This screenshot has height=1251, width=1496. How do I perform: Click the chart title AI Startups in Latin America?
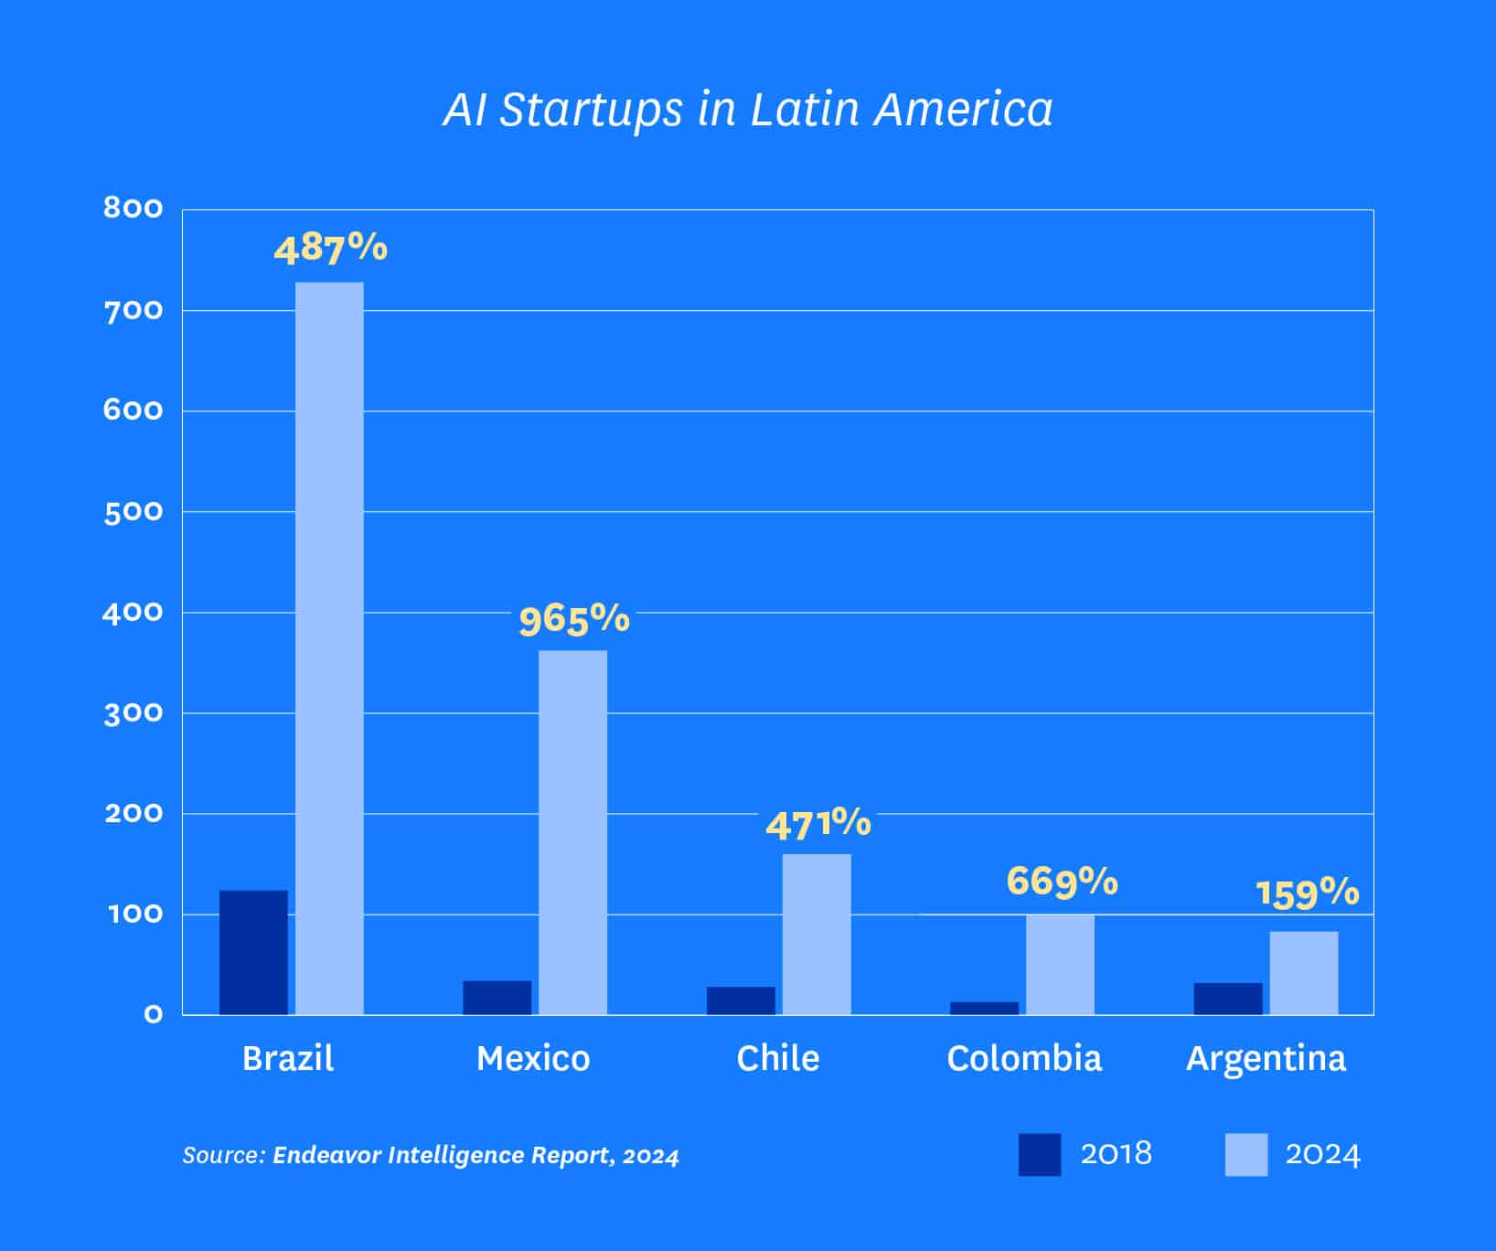748,110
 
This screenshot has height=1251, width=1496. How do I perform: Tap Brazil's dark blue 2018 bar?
253,952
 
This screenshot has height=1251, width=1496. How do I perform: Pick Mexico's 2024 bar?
572,832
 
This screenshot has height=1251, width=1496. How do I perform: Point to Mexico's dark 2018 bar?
497,998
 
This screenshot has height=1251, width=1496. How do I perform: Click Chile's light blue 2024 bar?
817,934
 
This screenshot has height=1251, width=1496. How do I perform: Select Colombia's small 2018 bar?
984,1008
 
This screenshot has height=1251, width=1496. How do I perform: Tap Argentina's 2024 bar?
1303,972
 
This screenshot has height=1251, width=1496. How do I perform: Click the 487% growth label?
330,249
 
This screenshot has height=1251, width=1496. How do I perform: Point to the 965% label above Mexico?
574,620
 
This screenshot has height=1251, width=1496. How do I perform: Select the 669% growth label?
1062,882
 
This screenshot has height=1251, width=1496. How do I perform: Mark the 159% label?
1307,893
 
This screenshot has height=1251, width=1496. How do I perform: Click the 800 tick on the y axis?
134,208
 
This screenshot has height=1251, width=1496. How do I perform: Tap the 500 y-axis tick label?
134,512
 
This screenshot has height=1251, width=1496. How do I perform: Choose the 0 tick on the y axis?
153,1014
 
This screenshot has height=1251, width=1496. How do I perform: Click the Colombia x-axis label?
1024,1058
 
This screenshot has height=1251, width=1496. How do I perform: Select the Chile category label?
778,1058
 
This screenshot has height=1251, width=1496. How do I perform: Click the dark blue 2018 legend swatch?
1040,1154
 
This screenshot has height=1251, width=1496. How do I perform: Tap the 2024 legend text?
1322,1154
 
